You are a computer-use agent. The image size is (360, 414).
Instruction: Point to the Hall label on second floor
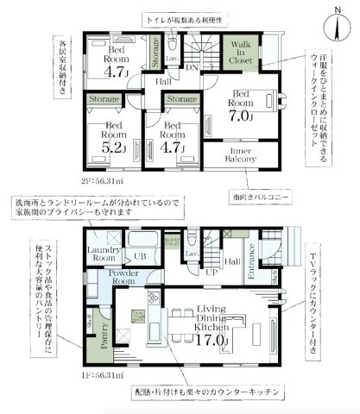point(162,81)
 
